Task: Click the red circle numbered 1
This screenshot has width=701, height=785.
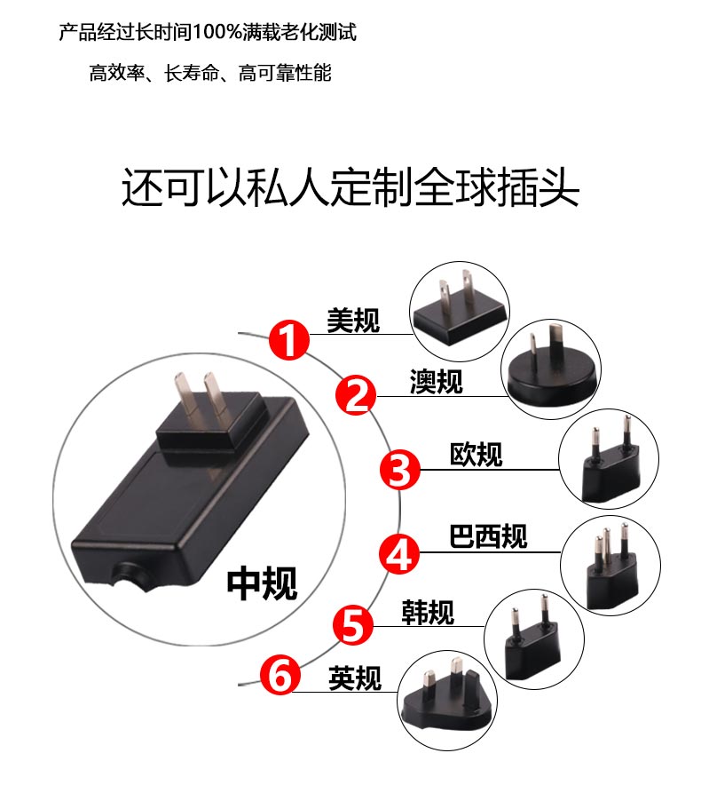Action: (289, 340)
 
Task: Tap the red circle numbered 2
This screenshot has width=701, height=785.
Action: (356, 394)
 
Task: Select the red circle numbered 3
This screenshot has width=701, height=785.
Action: (400, 470)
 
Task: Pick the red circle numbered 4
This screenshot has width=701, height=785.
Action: (398, 553)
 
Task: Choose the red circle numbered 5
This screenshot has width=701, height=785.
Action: (354, 625)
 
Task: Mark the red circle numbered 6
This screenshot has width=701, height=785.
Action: (280, 674)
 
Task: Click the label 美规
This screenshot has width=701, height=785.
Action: (353, 321)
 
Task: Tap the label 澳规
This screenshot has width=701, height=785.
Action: (437, 382)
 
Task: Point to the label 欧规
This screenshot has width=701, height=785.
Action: (476, 455)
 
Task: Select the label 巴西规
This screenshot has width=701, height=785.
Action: (488, 536)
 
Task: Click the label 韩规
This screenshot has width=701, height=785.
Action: (428, 612)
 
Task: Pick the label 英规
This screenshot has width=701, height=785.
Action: (355, 678)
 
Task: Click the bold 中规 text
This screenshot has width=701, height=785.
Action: (262, 583)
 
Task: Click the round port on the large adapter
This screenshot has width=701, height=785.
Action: (129, 575)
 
